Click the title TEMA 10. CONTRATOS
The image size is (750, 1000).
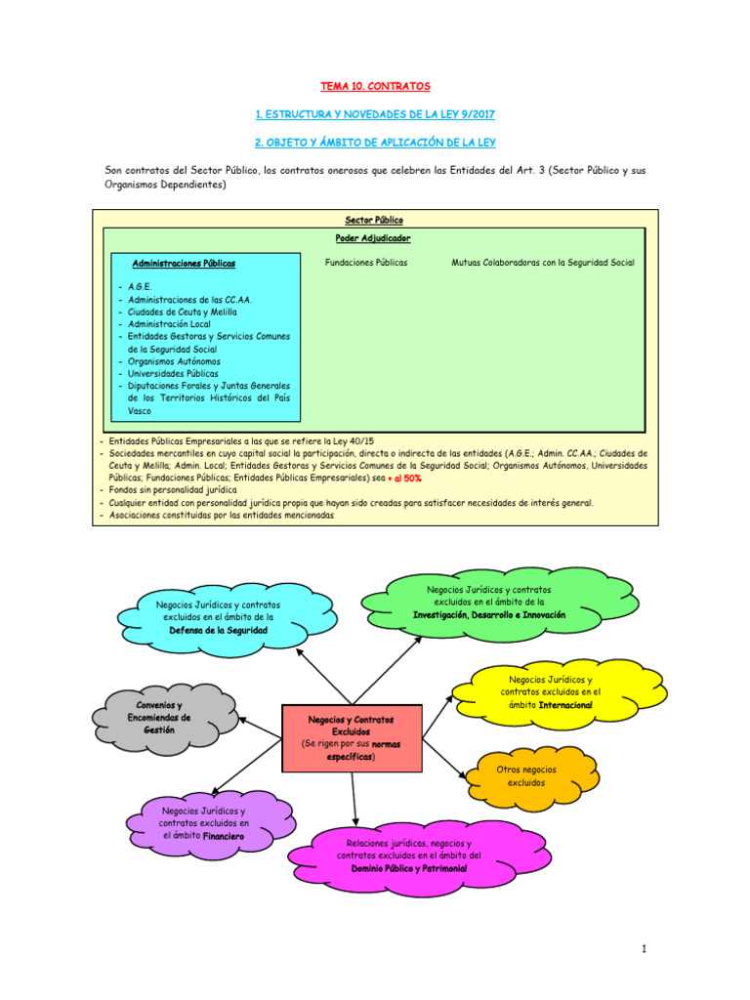376,86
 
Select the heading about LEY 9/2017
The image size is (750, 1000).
376,114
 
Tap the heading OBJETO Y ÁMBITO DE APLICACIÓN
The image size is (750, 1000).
376,143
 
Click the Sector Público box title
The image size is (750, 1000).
374,221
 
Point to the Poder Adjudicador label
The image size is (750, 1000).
374,238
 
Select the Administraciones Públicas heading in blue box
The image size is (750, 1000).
184,263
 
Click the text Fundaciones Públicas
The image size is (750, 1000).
366,263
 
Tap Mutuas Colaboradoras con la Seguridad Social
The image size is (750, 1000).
543,263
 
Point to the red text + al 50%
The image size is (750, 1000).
404,479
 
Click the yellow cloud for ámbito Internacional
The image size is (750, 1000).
552,691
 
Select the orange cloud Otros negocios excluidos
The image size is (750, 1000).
526,776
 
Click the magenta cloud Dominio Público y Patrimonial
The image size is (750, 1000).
408,854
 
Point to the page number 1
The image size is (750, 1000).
646,948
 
